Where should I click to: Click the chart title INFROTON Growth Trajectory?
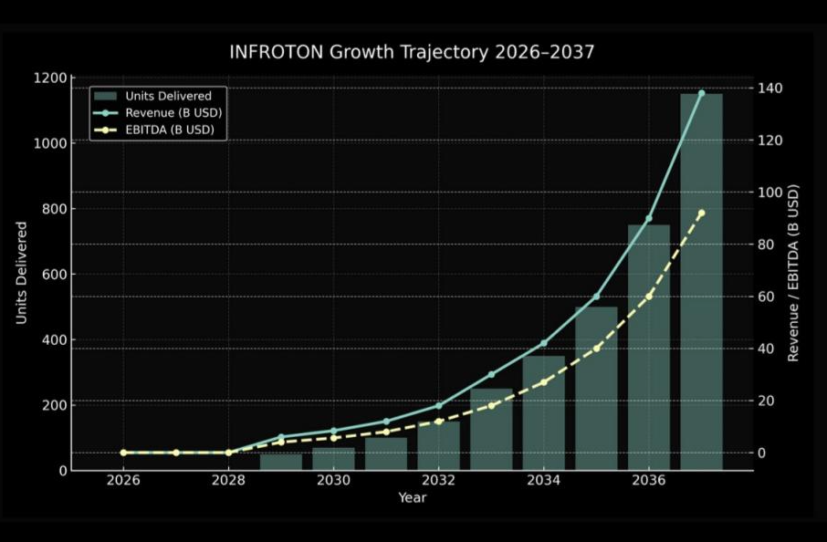point(412,52)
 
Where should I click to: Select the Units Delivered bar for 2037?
point(701,283)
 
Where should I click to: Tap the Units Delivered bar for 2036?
point(648,347)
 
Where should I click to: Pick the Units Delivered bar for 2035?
point(596,388)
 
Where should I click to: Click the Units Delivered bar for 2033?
point(491,429)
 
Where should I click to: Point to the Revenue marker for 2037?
point(701,93)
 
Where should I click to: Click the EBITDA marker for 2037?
point(701,214)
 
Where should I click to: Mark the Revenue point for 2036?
point(648,219)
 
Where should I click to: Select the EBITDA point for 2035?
point(596,349)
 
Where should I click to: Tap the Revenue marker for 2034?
point(544,343)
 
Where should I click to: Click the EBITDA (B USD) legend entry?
point(170,130)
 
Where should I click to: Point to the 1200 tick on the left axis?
point(51,78)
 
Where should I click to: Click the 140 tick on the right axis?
point(766,89)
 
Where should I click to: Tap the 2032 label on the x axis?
point(438,481)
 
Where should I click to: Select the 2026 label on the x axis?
point(123,481)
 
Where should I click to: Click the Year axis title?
point(412,498)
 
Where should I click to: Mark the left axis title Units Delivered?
point(21,272)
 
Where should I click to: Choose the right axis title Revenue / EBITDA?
point(793,272)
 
